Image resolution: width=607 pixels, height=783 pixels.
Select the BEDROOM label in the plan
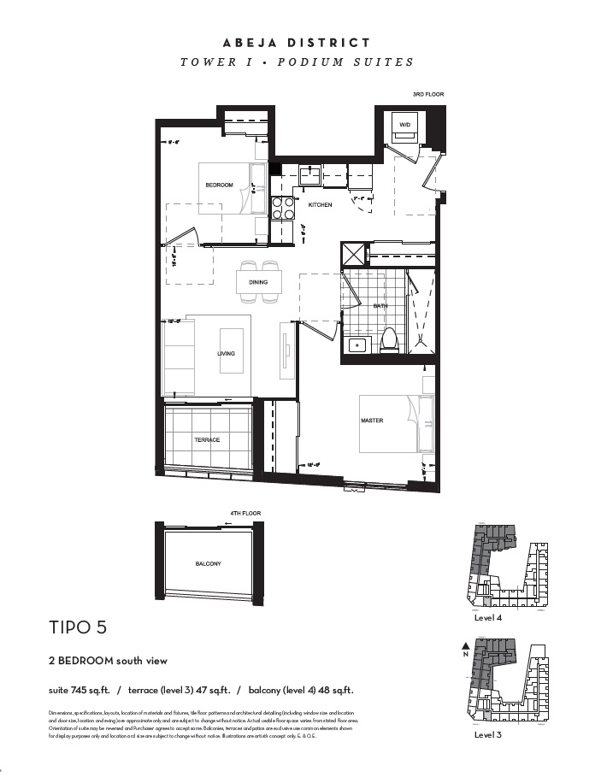(x=219, y=185)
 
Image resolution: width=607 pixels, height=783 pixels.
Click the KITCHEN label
(x=320, y=205)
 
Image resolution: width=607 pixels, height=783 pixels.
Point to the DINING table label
(x=258, y=282)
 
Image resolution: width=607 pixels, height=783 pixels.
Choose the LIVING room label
(x=226, y=353)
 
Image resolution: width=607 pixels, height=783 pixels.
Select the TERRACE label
(x=207, y=440)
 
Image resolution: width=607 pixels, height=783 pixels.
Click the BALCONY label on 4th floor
(x=208, y=563)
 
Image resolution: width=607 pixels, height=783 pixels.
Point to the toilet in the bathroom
(x=390, y=339)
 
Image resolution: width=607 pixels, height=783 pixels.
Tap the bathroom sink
(x=358, y=345)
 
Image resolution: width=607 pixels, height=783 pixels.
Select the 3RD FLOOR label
(x=428, y=94)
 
